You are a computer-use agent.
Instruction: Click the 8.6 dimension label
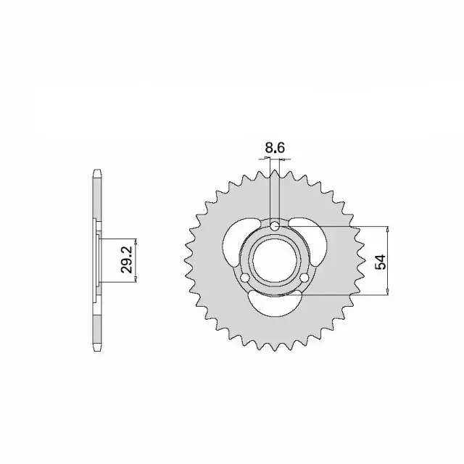pos(275,148)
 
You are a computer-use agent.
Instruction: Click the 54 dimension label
pos(381,262)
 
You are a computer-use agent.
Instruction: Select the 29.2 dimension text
pos(126,260)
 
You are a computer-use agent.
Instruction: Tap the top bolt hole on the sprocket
pos(275,227)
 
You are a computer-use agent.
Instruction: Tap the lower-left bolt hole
pos(245,278)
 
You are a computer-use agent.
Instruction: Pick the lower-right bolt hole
pos(304,278)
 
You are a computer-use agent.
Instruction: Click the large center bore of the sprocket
pos(275,261)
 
